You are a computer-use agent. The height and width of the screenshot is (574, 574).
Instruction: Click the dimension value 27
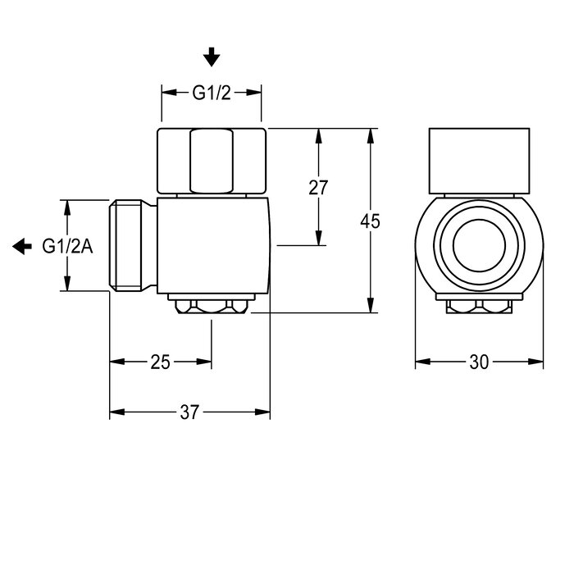(x=318, y=188)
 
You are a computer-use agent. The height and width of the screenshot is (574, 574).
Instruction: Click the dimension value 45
(x=370, y=221)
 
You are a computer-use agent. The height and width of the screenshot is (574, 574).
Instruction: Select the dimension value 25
(x=161, y=362)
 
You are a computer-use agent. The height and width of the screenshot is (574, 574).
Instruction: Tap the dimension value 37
(x=189, y=412)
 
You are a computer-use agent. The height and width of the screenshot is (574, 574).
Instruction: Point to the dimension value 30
(x=479, y=362)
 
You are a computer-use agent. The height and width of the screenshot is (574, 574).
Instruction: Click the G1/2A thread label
(x=68, y=246)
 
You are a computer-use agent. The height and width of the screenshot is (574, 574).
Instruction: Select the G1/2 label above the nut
(x=212, y=93)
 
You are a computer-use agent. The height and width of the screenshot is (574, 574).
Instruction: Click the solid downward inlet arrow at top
(x=212, y=57)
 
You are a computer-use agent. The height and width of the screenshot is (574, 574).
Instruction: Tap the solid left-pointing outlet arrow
(x=22, y=246)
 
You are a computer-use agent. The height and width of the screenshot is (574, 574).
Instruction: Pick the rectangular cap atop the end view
(x=479, y=161)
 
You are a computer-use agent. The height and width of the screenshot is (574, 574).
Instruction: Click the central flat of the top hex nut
(x=212, y=161)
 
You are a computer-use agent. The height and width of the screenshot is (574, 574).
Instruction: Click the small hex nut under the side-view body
(x=212, y=307)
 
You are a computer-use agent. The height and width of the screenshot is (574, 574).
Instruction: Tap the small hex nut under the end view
(x=479, y=307)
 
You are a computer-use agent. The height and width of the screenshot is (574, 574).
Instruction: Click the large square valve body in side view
(x=214, y=246)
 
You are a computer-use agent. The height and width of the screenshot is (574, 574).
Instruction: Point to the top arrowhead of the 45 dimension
(x=371, y=136)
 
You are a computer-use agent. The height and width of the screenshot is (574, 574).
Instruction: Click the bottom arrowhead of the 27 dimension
(x=318, y=238)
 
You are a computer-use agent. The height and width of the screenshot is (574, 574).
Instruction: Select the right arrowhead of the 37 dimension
(x=262, y=412)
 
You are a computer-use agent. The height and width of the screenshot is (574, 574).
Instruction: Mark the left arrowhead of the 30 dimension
(x=423, y=362)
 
